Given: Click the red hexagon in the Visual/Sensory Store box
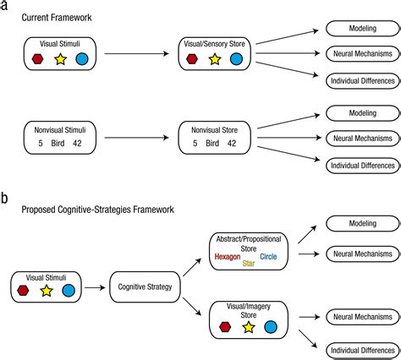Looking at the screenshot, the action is click(x=192, y=59).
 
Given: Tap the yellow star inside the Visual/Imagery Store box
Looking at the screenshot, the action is click(x=249, y=327).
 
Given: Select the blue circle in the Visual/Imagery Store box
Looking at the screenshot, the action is click(x=271, y=327).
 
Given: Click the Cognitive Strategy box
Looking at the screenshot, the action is click(x=145, y=287).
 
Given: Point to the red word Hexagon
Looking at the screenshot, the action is click(x=228, y=257).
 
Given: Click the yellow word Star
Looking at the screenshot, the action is click(x=249, y=264).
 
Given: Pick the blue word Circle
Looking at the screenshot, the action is click(x=268, y=256).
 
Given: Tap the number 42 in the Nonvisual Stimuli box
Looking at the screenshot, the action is click(x=77, y=144).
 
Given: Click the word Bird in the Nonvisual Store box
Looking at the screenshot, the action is click(x=212, y=144).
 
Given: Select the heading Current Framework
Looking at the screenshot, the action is click(x=57, y=18).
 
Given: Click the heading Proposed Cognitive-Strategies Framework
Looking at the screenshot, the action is click(x=98, y=210).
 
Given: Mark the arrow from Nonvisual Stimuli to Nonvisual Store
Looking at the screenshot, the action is click(x=136, y=138).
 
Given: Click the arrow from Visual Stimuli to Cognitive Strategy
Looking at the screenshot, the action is click(x=95, y=287).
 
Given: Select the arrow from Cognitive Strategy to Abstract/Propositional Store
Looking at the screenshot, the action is click(x=192, y=267).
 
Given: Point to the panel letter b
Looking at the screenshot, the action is click(x=3, y=199).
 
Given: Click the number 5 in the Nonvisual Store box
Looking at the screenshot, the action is click(x=195, y=144).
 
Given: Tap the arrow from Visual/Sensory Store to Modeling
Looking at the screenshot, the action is click(x=287, y=37).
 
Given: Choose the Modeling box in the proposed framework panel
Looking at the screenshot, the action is click(x=363, y=224).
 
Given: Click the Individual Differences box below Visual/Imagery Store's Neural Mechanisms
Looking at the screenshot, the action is click(x=363, y=351).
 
